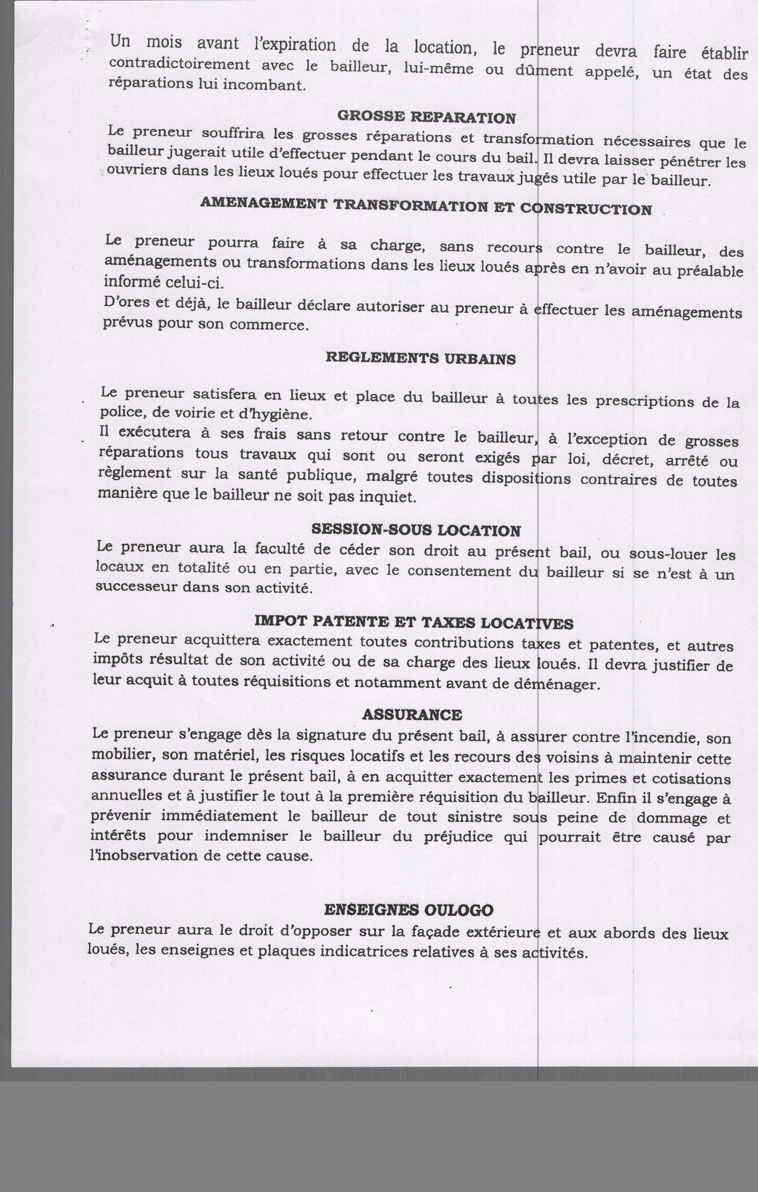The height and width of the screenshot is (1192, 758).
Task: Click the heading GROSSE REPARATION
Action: [426, 117]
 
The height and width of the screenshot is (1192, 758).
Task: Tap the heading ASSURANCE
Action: [412, 714]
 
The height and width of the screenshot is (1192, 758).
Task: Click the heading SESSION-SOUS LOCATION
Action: [416, 530]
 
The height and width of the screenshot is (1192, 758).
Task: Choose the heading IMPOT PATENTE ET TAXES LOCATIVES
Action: [414, 622]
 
